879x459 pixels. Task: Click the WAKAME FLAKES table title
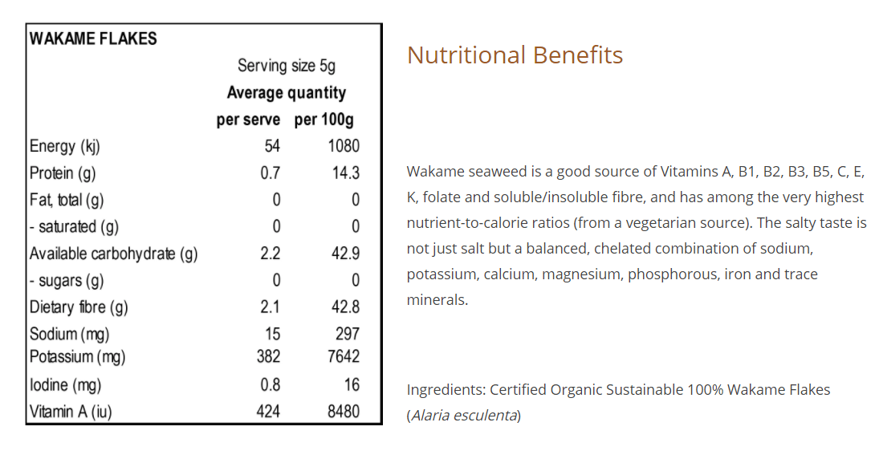pos(93,39)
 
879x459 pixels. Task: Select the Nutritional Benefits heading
pos(515,55)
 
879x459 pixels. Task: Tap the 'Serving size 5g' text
pos(287,66)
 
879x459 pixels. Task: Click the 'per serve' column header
pos(248,120)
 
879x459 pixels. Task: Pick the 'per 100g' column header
pos(324,120)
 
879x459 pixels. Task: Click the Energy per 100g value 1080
pos(343,146)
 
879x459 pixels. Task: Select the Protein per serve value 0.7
pos(270,173)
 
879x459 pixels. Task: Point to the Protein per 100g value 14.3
pos(346,173)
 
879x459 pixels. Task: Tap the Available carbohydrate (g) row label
pos(113,254)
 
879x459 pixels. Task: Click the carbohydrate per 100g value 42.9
pos(346,254)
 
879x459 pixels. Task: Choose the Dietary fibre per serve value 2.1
pos(270,307)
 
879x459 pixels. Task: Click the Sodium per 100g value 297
pos(348,334)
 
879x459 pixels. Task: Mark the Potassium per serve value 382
pos(268,356)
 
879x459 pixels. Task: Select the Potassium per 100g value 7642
pos(344,356)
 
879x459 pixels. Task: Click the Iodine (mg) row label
pos(65,385)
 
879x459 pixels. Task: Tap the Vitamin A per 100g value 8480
pos(344,412)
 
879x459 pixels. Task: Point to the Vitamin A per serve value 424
pos(268,412)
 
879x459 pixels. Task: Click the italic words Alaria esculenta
pos(464,416)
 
